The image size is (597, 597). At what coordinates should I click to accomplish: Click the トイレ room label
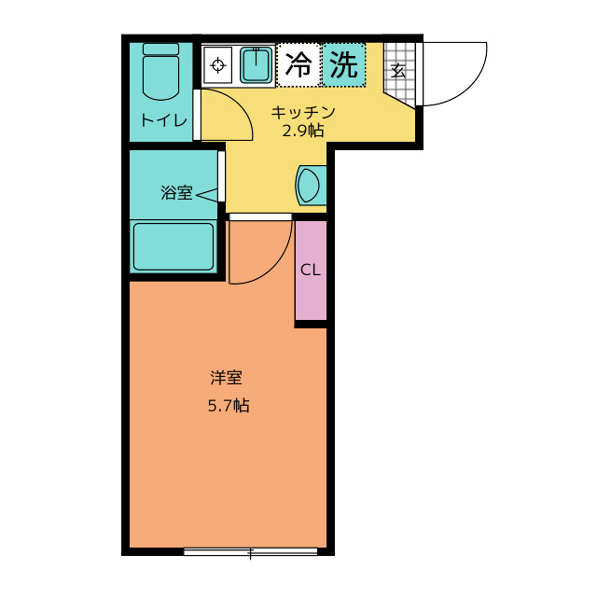click(164, 120)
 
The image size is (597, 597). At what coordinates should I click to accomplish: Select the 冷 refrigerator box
click(298, 64)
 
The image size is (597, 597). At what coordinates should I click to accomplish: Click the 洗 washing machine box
click(344, 64)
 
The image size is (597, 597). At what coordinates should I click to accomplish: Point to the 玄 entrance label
click(398, 70)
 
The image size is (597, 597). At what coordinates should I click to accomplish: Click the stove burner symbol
click(218, 64)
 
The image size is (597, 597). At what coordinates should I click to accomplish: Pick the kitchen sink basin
click(257, 64)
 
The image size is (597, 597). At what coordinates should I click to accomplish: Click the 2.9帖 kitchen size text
click(303, 131)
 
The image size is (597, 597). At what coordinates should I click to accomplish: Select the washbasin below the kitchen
click(309, 185)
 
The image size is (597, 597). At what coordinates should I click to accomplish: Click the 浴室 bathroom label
click(176, 193)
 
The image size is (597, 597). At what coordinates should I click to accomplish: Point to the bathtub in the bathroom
click(174, 246)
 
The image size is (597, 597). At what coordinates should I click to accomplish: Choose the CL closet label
click(311, 271)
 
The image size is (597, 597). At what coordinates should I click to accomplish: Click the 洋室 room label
click(227, 378)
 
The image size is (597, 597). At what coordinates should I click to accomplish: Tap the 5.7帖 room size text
click(228, 406)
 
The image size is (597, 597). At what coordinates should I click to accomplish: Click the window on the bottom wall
click(250, 552)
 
